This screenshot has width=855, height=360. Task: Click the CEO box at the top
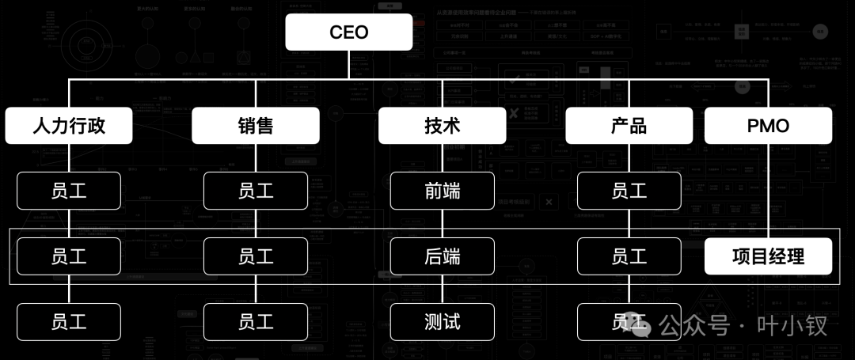[x=349, y=32]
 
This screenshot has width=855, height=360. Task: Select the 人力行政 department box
[x=69, y=126]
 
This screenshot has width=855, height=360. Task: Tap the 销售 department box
[x=255, y=126]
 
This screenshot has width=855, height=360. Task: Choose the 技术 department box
[x=442, y=126]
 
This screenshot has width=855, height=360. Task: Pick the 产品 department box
[x=629, y=126]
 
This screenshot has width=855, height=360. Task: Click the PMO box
[x=768, y=126]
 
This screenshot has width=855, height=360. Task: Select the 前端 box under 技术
[x=442, y=191]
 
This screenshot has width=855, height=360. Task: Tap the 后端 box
[x=442, y=256]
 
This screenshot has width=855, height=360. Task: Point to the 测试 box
[x=442, y=321]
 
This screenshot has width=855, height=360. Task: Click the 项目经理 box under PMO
[x=768, y=256]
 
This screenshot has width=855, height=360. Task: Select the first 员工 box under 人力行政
[x=69, y=191]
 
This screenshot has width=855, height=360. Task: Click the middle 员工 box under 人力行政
[x=69, y=256]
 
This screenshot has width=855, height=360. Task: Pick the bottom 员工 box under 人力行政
[x=69, y=321]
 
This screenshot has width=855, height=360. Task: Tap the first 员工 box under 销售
[x=255, y=191]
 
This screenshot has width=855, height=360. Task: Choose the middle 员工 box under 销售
[x=255, y=256]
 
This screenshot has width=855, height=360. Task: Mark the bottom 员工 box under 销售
[x=255, y=321]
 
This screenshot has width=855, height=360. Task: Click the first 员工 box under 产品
[x=629, y=191]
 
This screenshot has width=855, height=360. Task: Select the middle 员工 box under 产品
[x=629, y=256]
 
